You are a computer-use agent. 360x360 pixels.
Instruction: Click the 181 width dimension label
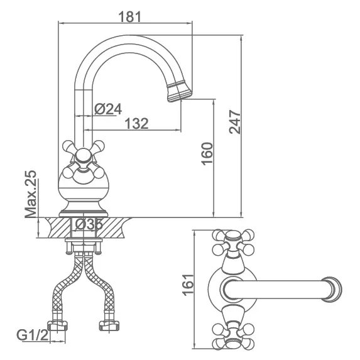tap(129, 17)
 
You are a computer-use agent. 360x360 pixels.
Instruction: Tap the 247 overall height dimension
tap(234, 122)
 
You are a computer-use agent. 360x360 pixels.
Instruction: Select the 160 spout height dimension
tap(207, 153)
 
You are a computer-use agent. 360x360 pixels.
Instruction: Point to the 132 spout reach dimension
tap(136, 123)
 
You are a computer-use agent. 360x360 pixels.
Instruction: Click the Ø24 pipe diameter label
tap(108, 109)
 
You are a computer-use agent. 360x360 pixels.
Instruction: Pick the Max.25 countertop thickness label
tap(31, 194)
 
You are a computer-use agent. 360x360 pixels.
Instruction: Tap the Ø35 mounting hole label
tap(89, 224)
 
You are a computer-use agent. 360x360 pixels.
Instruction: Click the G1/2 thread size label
tap(33, 335)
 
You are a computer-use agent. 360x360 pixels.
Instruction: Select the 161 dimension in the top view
tap(188, 285)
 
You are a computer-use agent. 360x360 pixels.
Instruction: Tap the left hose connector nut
tap(57, 325)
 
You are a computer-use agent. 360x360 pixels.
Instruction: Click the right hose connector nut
tap(109, 325)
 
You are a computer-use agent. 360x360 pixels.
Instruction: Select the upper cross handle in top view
tap(233, 243)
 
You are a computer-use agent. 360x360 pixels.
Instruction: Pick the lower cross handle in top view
tap(233, 335)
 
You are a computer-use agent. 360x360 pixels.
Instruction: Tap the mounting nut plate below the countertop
tap(84, 241)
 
